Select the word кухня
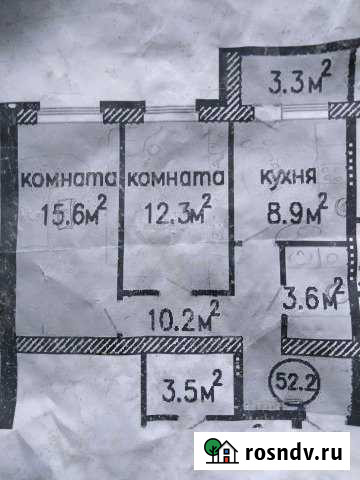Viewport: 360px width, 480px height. pos(288,178)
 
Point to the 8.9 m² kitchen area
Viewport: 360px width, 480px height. pos(293,211)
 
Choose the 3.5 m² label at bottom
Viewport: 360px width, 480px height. pos(191,384)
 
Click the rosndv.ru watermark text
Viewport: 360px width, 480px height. pos(290,451)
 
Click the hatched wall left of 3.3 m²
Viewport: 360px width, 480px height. pos(232,80)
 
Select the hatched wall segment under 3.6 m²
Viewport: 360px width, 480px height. pos(320,347)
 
